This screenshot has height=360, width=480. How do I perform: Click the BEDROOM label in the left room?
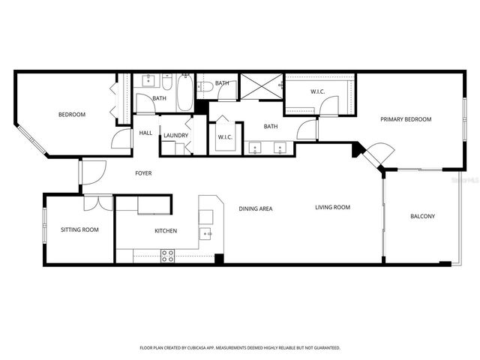pyautogui.click(x=72, y=115)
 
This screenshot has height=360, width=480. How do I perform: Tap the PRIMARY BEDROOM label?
pyautogui.click(x=406, y=119)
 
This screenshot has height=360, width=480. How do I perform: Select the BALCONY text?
pyautogui.click(x=422, y=217)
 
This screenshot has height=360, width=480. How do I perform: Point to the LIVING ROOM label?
pyautogui.click(x=332, y=208)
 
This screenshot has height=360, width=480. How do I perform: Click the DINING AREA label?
pyautogui.click(x=255, y=208)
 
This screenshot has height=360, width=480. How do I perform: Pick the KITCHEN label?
pyautogui.click(x=166, y=231)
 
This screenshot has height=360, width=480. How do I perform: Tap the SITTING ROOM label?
pyautogui.click(x=79, y=230)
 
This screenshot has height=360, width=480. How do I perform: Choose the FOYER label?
pyautogui.click(x=143, y=173)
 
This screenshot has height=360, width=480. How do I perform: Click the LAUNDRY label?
pyautogui.click(x=175, y=136)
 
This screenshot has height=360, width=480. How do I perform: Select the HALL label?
pyautogui.click(x=145, y=133)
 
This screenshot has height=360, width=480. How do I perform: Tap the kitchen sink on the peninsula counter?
pyautogui.click(x=206, y=235)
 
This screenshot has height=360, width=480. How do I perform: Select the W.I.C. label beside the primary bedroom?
pyautogui.click(x=318, y=92)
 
